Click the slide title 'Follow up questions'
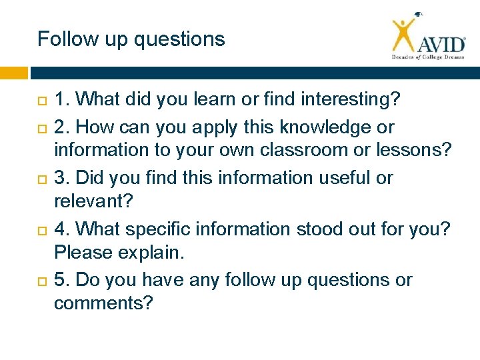coord(131,39)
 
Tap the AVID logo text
coord(441,45)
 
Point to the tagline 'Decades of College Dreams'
coord(427,58)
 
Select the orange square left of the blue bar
coord(13,73)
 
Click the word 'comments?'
coord(103,304)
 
